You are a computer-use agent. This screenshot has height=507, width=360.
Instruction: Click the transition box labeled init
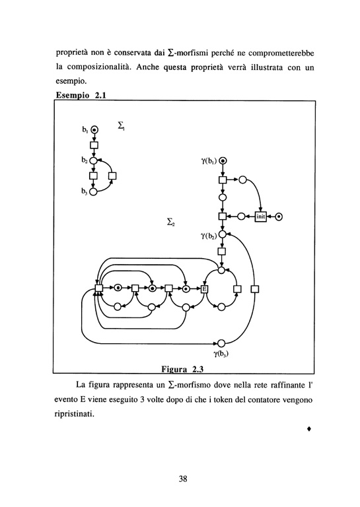261,217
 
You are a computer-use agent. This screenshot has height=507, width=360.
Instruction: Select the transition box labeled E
204,288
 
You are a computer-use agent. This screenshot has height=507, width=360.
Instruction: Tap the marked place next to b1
94,129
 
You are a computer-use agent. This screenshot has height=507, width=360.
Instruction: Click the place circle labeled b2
93,160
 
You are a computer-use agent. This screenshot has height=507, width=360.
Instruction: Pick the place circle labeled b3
93,191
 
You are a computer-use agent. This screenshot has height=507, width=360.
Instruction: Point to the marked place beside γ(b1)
223,160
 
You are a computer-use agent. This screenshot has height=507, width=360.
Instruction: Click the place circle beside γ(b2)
222,234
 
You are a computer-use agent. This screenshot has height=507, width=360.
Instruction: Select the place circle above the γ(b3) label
221,343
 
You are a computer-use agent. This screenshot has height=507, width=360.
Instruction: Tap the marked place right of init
279,217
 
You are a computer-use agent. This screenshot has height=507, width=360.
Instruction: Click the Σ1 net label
122,125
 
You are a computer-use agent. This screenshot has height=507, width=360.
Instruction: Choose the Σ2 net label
170,222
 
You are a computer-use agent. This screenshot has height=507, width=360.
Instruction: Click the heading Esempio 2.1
81,95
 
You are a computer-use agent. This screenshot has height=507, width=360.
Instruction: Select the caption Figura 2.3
182,369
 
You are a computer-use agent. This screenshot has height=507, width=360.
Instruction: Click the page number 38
183,479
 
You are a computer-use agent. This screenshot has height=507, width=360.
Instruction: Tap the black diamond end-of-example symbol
309,428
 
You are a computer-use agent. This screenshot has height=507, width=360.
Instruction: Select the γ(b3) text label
221,354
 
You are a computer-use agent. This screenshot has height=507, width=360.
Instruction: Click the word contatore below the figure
264,400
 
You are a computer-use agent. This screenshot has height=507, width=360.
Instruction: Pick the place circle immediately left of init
241,217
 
